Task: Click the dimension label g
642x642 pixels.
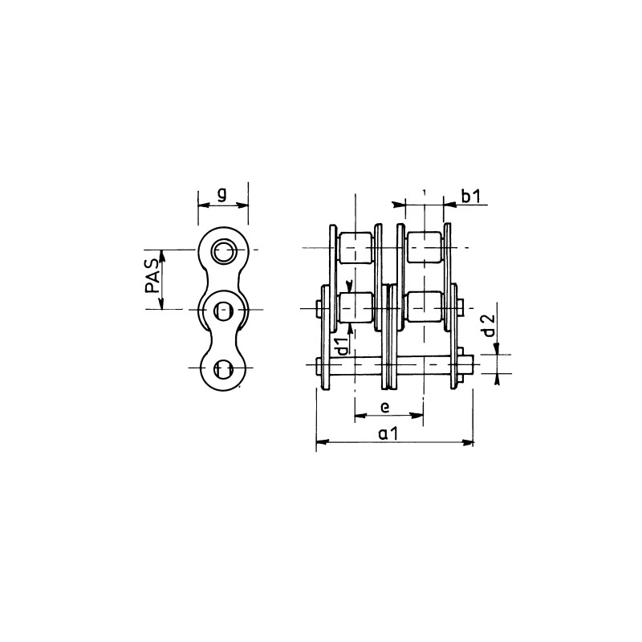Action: coord(222,193)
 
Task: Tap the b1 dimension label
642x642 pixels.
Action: coord(470,194)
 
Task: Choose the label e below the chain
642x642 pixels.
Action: coord(384,408)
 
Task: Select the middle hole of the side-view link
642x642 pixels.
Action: coord(223,308)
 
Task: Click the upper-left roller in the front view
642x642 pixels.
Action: coord(356,248)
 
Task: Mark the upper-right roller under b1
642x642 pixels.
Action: coord(424,248)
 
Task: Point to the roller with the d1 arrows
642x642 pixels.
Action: coord(356,308)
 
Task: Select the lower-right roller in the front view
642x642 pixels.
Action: coord(424,308)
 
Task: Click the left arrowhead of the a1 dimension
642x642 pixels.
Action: coord(321,441)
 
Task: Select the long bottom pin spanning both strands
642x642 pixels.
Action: coord(393,367)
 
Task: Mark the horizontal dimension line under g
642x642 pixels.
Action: coord(222,204)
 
